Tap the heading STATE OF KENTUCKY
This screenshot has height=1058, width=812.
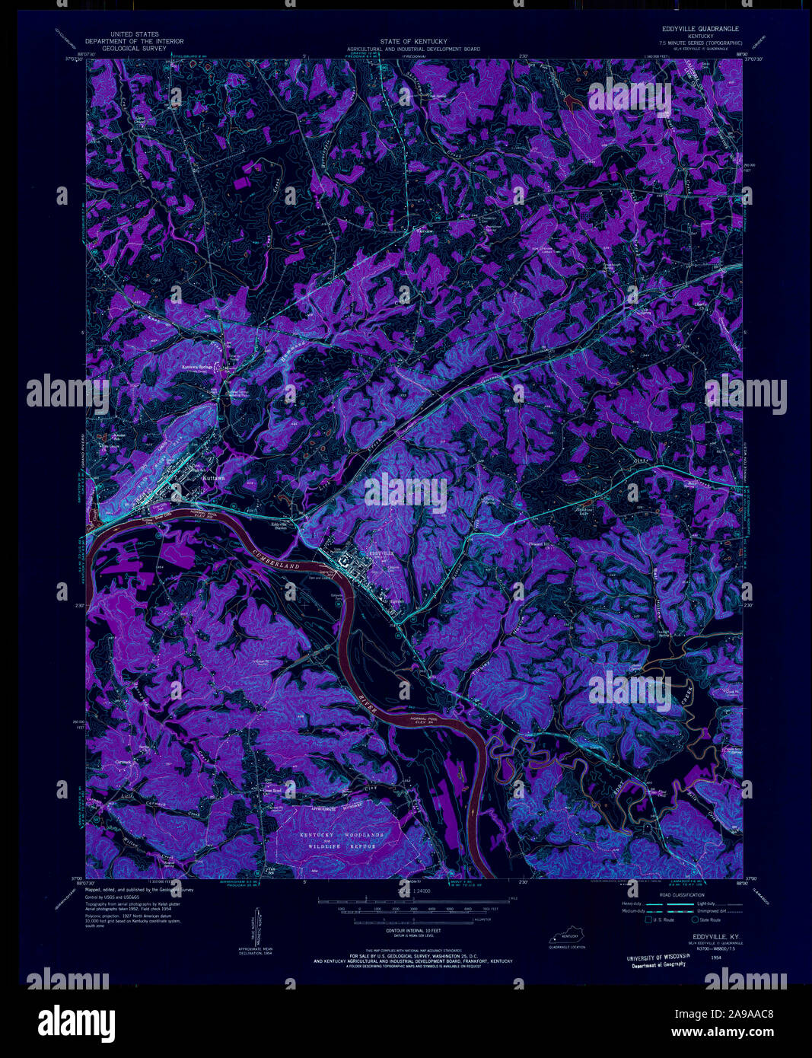coord(413,41)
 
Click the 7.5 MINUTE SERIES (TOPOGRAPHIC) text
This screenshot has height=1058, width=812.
coord(700,43)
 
